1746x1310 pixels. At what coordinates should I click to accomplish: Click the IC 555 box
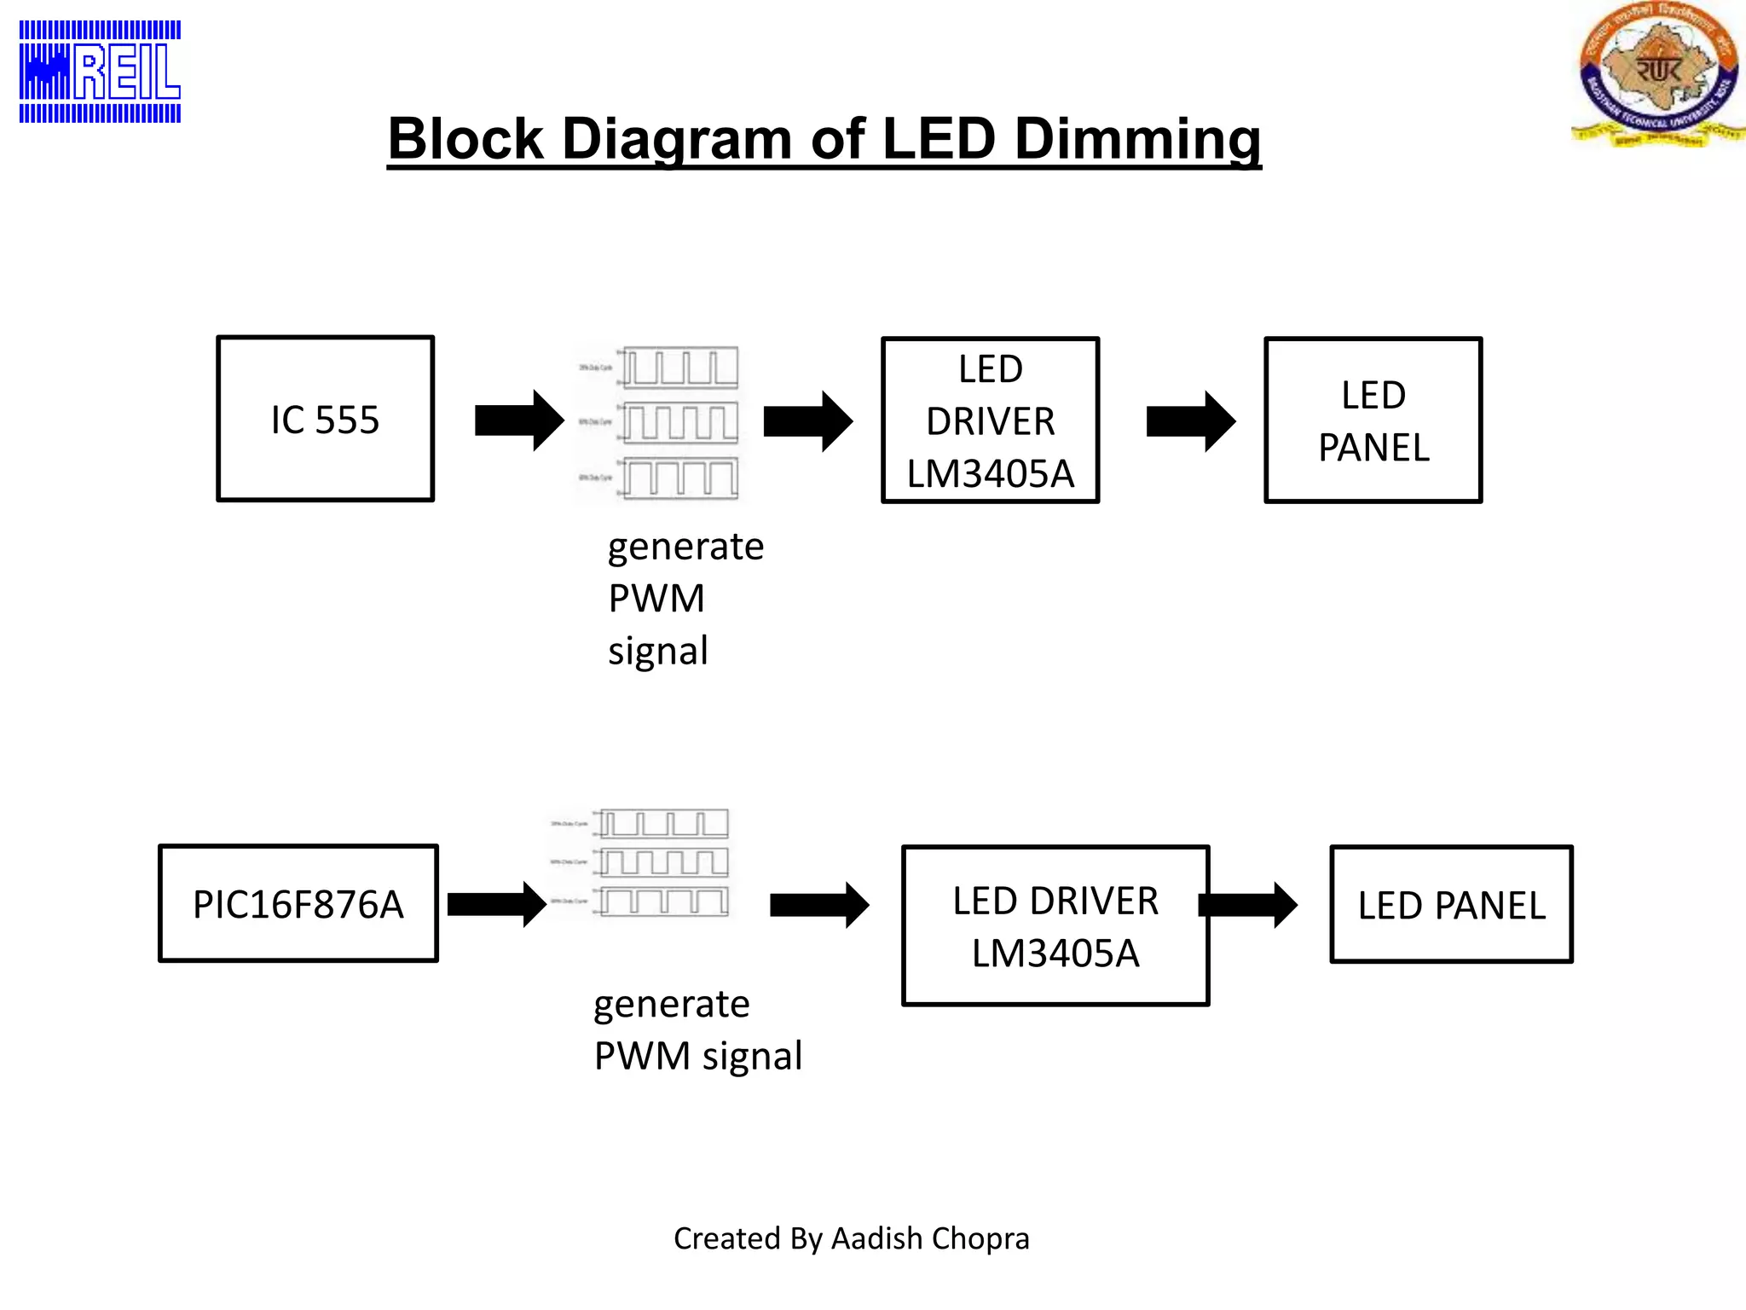325,419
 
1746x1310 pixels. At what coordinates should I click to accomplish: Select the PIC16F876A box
298,904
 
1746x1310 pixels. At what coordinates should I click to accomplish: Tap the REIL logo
100,72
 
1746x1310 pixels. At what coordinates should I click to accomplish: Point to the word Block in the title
465,139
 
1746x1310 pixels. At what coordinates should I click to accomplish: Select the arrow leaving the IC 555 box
519,420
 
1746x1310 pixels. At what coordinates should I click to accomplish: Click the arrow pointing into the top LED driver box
807,420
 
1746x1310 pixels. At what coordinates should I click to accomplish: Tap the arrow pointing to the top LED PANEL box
1190,420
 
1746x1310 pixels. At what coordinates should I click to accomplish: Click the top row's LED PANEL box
1373,420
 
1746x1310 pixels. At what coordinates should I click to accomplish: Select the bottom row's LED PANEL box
1451,905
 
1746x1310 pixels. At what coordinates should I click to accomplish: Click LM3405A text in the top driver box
990,474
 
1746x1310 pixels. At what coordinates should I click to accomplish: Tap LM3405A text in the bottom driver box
1055,954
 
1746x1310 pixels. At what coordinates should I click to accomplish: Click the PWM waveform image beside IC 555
661,423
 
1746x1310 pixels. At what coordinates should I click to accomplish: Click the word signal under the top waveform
657,652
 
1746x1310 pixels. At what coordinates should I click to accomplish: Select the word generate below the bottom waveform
671,1005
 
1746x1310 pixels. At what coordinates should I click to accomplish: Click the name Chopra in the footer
980,1238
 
